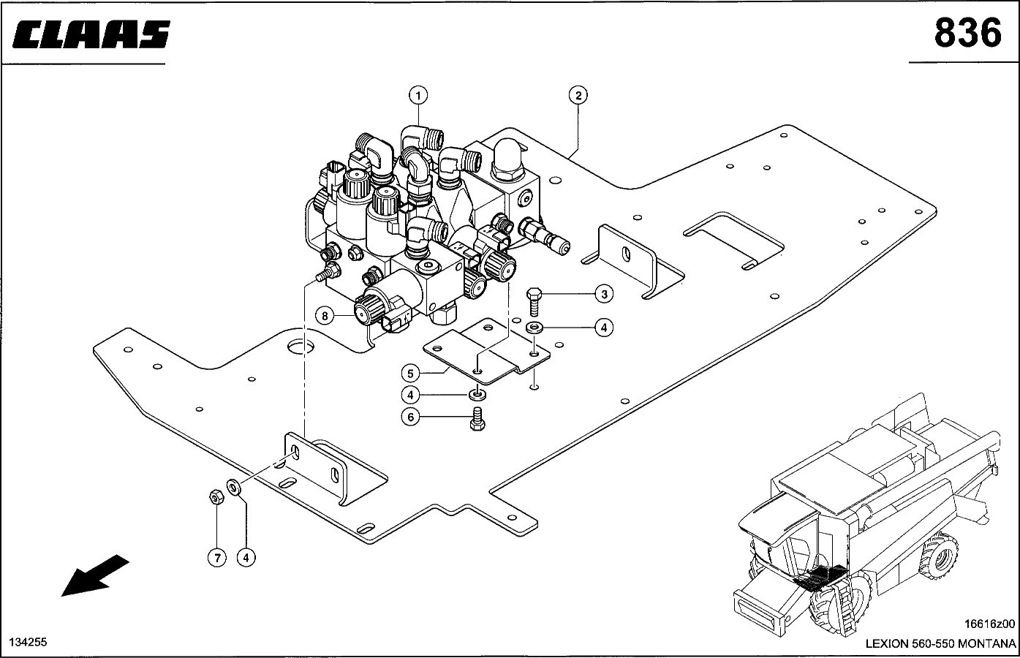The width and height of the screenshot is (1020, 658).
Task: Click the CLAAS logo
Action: click(91, 34)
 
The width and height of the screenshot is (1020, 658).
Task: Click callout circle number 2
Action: click(578, 95)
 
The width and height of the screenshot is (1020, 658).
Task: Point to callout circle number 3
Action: click(603, 295)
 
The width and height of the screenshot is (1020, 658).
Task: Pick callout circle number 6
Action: click(411, 417)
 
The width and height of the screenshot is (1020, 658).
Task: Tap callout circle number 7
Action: click(216, 557)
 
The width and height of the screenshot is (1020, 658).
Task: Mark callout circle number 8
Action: click(325, 316)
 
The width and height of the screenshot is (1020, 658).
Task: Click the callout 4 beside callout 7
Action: click(246, 557)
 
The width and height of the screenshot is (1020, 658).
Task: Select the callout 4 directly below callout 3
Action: click(603, 328)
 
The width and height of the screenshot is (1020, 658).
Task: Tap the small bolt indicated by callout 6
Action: click(478, 420)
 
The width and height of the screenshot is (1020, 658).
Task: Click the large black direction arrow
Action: click(94, 575)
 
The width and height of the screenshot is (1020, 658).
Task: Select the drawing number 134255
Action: click(28, 642)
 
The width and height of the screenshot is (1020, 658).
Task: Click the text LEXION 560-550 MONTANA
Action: click(940, 644)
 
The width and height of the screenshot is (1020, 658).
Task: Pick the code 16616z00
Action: click(990, 624)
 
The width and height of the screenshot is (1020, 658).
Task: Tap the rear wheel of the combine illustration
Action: click(941, 558)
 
